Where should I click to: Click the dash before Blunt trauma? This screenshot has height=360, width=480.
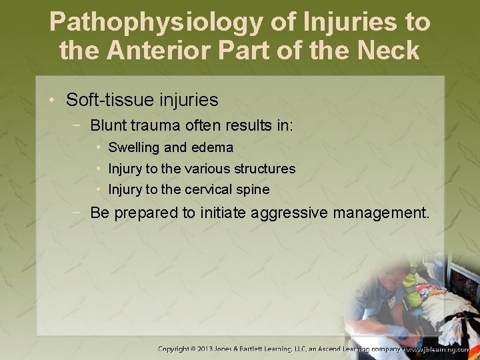(x=79, y=125)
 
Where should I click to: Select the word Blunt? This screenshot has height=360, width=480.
(x=108, y=125)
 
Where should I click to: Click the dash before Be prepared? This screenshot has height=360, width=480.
(x=79, y=214)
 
